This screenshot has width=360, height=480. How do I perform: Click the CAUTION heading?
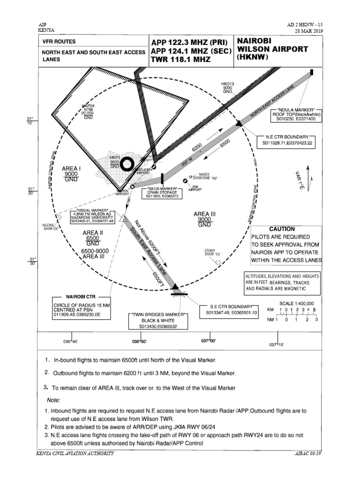pos(281,229)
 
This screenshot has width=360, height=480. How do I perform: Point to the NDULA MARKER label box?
pos(294,114)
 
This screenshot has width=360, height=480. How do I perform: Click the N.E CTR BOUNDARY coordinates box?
pos(287,140)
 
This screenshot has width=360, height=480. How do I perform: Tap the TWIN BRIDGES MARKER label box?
pos(158,321)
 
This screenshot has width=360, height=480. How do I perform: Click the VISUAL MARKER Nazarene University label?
pos(92,216)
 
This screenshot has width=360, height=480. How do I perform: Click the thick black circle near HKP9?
pos(127,164)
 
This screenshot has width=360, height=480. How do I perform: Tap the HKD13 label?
pos(227,88)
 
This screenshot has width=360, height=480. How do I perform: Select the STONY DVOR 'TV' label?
pos(210,253)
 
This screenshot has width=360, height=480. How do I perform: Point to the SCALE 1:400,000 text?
pos(297,303)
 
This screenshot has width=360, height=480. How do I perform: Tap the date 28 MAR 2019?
pos(307,31)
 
